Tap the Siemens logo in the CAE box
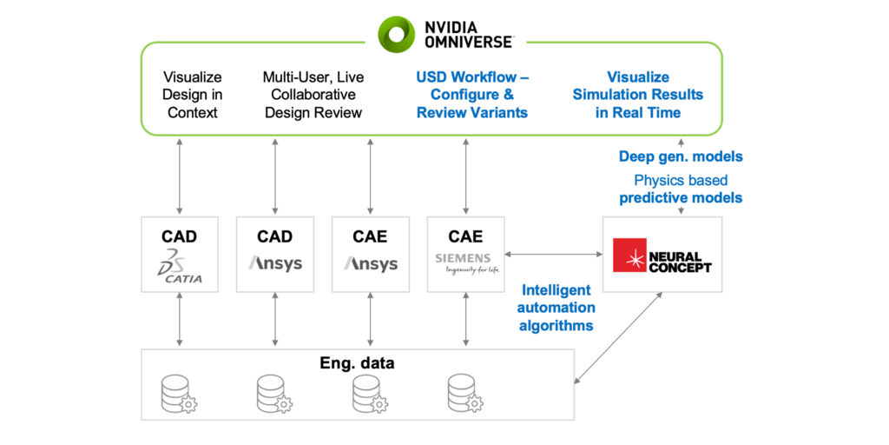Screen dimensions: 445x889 point(467,263)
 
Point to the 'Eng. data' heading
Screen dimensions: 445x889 point(357,363)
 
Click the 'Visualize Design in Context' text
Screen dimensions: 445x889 point(193,95)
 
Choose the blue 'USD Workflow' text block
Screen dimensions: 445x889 point(472,95)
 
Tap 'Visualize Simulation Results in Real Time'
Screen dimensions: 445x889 point(638,95)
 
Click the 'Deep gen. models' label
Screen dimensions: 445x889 point(681,157)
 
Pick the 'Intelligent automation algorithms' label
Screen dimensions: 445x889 point(556,308)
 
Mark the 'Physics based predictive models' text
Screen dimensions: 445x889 point(681,189)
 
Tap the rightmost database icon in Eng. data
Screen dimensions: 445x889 point(465,394)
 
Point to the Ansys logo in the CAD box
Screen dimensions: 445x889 point(275,262)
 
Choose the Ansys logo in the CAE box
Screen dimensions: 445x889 point(371,262)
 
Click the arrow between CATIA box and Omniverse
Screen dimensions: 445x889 point(180,175)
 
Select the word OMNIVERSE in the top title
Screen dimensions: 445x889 point(469,41)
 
